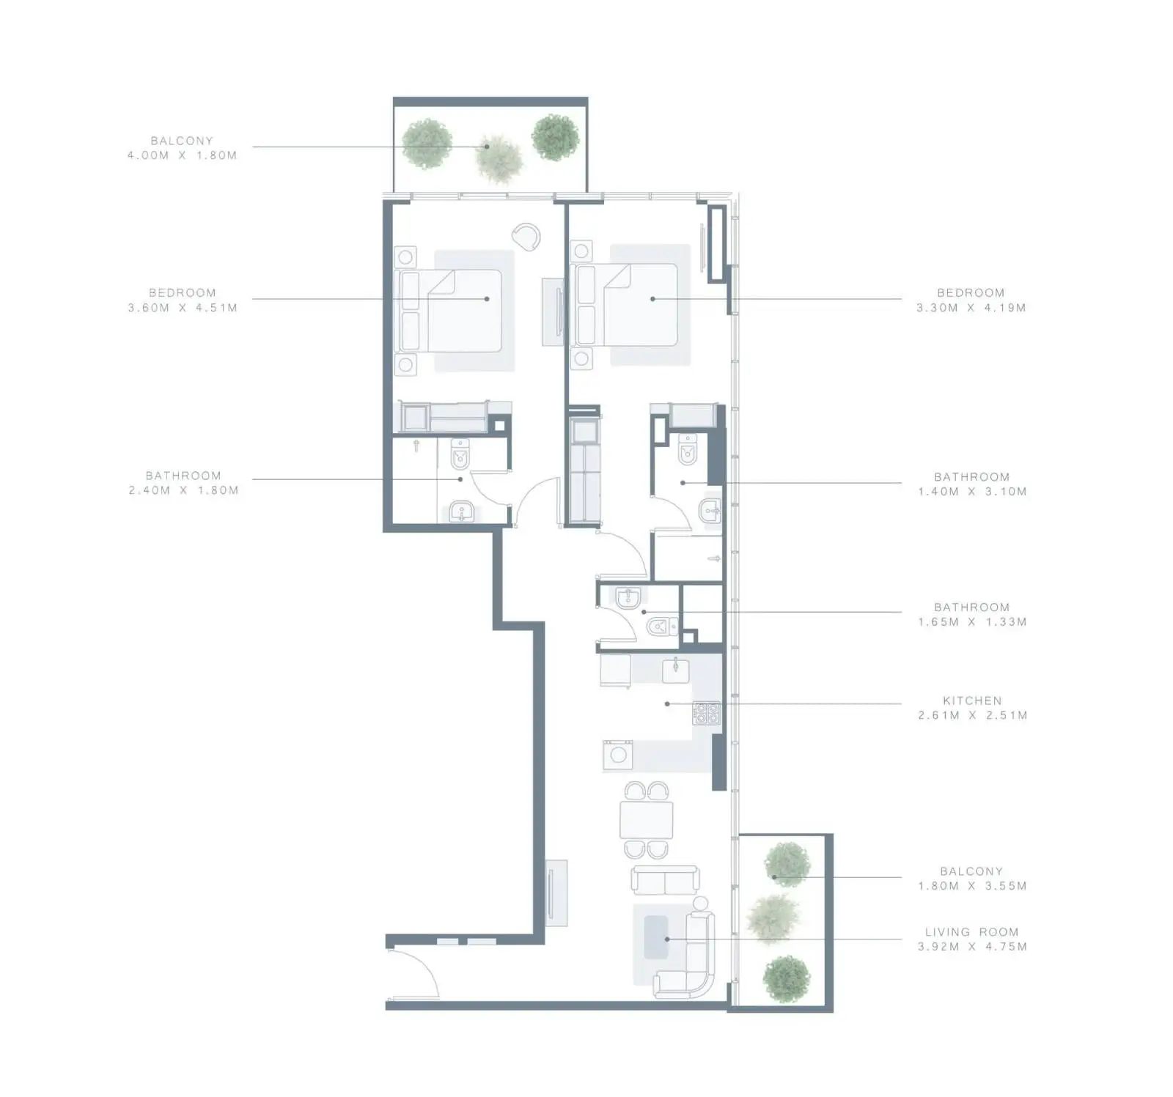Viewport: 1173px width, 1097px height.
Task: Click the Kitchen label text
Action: [971, 701]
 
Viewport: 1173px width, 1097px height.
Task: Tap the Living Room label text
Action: [971, 932]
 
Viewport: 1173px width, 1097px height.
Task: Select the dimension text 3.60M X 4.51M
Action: [183, 308]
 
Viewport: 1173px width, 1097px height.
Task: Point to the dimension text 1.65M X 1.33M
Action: [972, 621]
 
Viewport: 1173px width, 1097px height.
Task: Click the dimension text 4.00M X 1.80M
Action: [182, 155]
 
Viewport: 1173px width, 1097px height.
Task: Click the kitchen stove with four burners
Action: [707, 713]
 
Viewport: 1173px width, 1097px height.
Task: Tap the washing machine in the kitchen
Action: [618, 755]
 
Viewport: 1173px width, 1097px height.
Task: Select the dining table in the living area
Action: [647, 820]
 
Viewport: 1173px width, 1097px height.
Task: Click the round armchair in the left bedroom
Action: [526, 236]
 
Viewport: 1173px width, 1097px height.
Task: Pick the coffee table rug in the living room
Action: [656, 937]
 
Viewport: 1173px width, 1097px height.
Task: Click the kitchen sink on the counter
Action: [675, 670]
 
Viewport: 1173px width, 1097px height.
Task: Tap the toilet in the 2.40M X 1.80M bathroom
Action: [460, 454]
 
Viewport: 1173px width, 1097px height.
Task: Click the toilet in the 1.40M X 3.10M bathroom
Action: [688, 448]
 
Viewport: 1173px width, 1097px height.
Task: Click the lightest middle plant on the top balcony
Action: [500, 158]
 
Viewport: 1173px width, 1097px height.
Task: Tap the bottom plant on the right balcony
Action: [787, 979]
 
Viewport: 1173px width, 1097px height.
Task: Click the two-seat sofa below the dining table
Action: [666, 879]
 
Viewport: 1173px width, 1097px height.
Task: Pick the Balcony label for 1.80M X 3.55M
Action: [971, 871]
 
